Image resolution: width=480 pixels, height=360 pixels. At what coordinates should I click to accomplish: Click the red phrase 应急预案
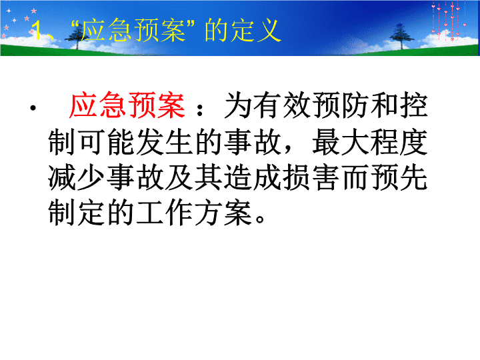tap(127, 105)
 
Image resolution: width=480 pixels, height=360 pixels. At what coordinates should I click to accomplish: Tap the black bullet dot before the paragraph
tap(33, 108)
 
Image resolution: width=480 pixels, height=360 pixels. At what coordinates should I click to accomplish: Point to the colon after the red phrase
tap(200, 109)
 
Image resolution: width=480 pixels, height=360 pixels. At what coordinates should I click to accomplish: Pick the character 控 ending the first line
tap(413, 105)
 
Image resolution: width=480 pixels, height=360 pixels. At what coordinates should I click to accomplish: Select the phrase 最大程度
tap(370, 141)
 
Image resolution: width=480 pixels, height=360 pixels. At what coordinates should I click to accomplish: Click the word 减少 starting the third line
tap(77, 177)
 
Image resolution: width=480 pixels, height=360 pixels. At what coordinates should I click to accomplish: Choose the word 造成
tap(253, 177)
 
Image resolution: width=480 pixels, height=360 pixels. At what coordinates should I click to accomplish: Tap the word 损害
tap(311, 177)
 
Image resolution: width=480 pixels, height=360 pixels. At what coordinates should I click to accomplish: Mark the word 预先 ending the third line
tap(399, 177)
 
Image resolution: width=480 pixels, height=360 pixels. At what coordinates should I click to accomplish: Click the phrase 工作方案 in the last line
tap(194, 213)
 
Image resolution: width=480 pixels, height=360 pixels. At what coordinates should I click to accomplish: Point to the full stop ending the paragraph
tap(260, 219)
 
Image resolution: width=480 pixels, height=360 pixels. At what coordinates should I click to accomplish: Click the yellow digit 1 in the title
tap(37, 30)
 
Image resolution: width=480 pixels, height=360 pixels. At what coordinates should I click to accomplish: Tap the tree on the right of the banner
tap(401, 37)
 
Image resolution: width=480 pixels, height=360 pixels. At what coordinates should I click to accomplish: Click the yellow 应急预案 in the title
tap(133, 30)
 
